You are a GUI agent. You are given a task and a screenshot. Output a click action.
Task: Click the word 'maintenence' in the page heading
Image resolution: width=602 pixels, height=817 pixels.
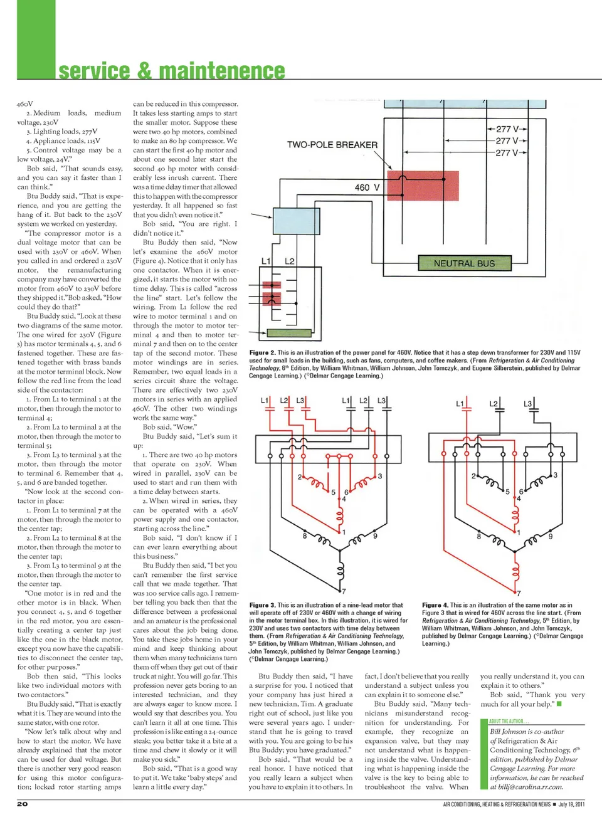click(222, 71)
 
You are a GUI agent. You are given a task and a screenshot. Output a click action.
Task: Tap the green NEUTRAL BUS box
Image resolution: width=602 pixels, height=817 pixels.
click(464, 263)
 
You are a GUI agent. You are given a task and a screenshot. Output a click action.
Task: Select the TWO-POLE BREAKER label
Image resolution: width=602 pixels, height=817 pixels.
click(332, 145)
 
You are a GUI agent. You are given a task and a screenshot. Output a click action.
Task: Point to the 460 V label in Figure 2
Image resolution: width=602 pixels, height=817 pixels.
click(367, 187)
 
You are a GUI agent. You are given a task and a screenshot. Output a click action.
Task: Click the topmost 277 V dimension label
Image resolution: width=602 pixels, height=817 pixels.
click(507, 129)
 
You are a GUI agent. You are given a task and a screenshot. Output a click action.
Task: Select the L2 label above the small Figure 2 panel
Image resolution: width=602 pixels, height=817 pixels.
click(289, 261)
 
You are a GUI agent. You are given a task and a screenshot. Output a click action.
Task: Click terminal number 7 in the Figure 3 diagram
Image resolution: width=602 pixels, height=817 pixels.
click(342, 591)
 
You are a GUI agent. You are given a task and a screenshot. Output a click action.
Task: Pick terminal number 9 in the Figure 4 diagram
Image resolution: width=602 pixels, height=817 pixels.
click(551, 537)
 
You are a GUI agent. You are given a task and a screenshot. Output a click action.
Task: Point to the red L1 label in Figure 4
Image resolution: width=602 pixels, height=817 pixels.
click(460, 403)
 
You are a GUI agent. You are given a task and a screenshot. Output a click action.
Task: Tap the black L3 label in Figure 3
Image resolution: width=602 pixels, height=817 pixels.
click(381, 400)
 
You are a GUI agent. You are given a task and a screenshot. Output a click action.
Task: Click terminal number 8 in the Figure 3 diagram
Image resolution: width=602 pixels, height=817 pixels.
click(305, 536)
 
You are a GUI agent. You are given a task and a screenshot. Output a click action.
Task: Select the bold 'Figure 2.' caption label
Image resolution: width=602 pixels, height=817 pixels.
click(262, 353)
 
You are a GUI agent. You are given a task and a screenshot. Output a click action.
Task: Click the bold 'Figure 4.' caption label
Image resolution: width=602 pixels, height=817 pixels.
click(435, 606)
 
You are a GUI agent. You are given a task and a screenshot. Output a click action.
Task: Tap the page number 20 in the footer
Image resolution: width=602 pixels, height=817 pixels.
click(22, 804)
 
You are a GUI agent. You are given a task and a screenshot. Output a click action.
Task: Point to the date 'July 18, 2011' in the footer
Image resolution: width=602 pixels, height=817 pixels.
click(571, 804)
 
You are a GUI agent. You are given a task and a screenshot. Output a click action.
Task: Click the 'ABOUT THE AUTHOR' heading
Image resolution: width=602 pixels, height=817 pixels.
click(509, 721)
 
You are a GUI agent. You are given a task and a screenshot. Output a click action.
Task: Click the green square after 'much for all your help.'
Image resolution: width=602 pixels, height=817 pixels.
click(559, 704)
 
